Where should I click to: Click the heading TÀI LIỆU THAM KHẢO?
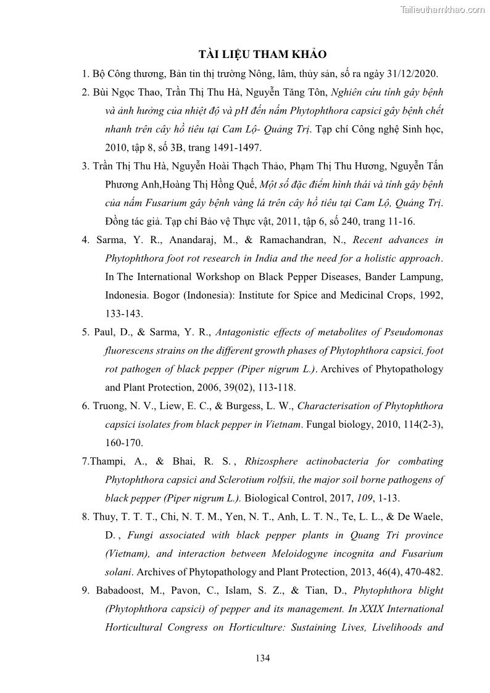(245, 54)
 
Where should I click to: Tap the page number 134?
(262, 658)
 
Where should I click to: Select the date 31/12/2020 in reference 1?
(412, 73)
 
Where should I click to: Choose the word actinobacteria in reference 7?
(354, 461)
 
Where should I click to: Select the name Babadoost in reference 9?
(125, 591)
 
